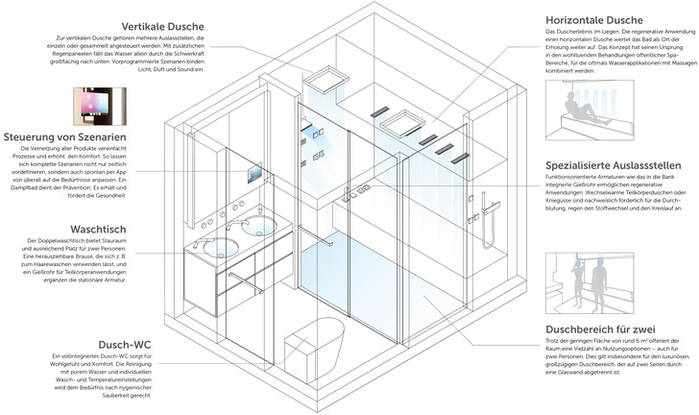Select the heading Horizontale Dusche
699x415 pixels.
coord(591,19)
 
